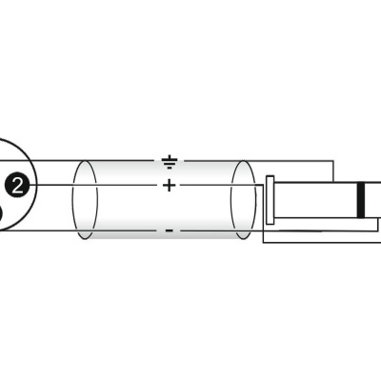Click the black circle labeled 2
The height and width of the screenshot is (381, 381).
point(17,185)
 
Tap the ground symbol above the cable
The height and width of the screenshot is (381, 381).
point(170,162)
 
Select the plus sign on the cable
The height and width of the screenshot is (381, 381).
point(170,185)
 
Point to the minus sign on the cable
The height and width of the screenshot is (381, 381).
point(170,231)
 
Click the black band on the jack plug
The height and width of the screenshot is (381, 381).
point(361,200)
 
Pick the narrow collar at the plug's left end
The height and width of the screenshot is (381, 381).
point(270,200)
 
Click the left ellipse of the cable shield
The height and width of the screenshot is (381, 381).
point(85,200)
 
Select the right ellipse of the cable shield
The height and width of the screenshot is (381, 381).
point(243,200)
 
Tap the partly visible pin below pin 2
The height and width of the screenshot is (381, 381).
point(1,217)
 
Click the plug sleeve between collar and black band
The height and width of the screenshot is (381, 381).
point(316,200)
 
